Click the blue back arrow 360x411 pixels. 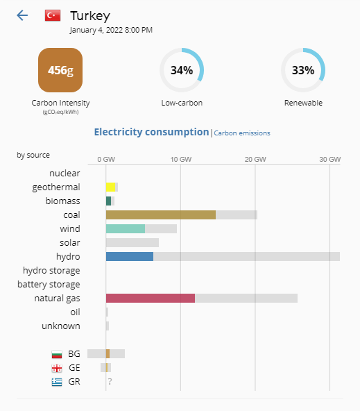pos(22,15)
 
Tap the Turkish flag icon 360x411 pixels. pos(53,15)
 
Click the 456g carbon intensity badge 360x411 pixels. pos(60,70)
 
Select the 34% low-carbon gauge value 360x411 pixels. pos(182,70)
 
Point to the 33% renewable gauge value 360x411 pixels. pos(303,70)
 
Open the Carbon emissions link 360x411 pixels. pos(242,133)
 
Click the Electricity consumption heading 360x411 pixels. pos(151,132)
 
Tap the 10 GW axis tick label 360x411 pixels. pos(181,160)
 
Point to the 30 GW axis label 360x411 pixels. pos(330,160)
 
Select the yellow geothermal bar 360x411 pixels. pos(110,187)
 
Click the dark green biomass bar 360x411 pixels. pos(108,201)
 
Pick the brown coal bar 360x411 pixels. pos(161,215)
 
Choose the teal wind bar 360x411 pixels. pos(126,229)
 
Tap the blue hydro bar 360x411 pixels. pos(130,257)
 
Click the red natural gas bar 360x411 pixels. pos(151,299)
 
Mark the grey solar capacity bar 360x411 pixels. pos(132,243)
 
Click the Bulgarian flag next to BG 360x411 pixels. pos(57,354)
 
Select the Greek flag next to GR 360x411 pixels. pos(57,382)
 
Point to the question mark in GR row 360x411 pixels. pos(110,382)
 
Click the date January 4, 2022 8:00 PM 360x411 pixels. pos(111,30)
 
